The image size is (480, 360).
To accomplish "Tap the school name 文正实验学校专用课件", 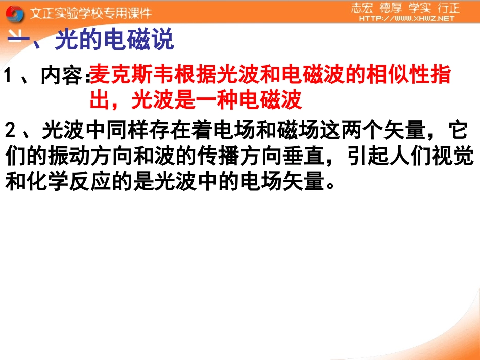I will pos(90,13).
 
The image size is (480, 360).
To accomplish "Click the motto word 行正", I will pos(448,8).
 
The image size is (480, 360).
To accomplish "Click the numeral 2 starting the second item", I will pos(11,132).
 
